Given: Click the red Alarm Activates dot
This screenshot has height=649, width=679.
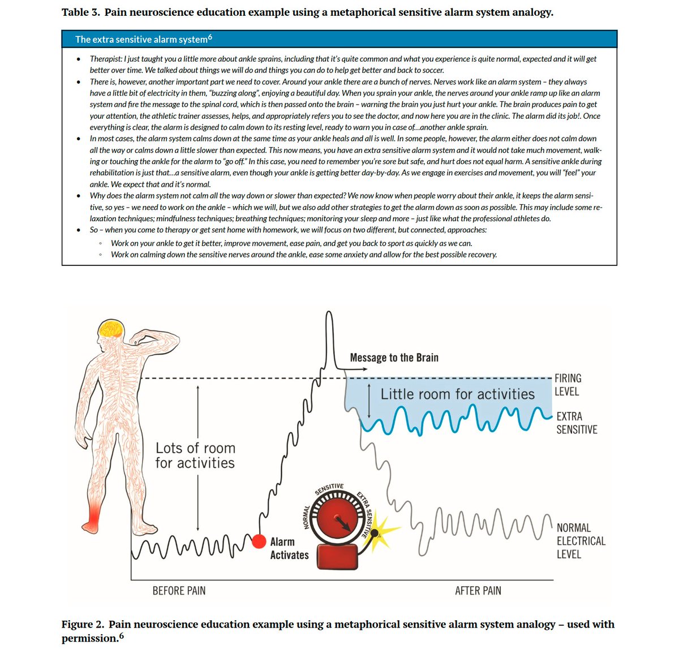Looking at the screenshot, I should [259, 541].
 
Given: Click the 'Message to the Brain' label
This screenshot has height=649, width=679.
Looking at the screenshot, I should [394, 358].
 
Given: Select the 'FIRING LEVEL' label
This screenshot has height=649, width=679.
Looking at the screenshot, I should [568, 385].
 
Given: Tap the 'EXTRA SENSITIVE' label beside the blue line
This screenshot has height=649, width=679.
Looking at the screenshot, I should [577, 423].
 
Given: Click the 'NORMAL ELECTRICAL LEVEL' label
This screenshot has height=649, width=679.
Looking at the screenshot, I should [581, 541].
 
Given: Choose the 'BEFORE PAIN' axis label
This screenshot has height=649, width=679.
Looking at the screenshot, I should [179, 591].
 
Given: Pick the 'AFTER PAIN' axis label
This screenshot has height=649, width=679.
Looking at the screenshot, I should [478, 591].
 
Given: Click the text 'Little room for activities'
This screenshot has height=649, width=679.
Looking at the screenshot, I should [457, 394].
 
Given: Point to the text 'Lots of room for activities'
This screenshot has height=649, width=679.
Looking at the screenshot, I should [195, 455].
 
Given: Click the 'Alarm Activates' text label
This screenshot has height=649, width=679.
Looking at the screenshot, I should [289, 548].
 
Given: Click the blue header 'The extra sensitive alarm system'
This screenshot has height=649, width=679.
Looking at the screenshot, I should [143, 39].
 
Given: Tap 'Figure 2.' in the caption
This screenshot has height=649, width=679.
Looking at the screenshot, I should [83, 624].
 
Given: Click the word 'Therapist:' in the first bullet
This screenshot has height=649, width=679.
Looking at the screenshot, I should [106, 59].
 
